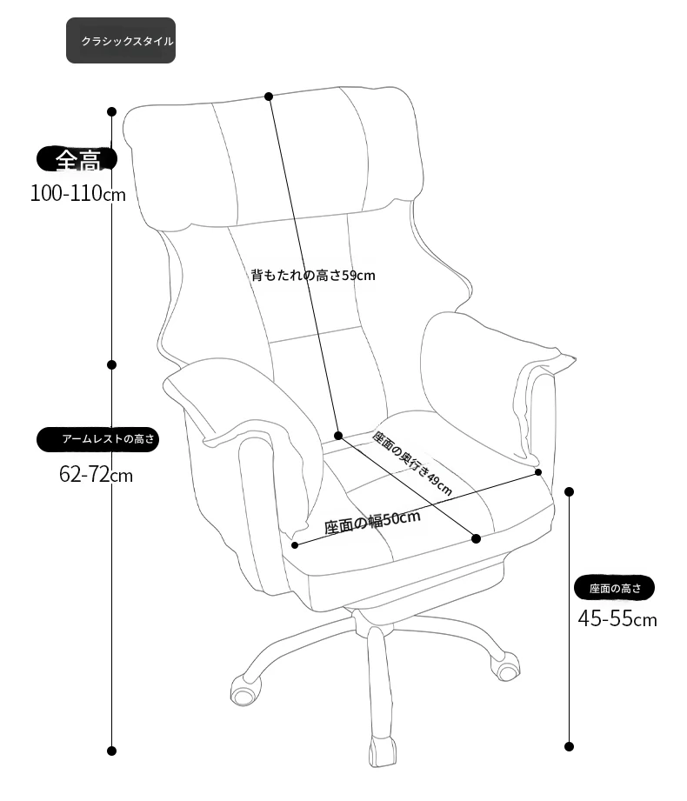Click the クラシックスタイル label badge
(121, 40)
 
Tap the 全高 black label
(77, 159)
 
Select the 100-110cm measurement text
(77, 194)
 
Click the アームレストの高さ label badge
(97, 439)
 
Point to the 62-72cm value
(96, 475)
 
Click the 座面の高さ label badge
(615, 588)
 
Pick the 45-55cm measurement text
(617, 618)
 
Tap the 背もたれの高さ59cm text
(313, 276)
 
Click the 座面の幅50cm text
(372, 522)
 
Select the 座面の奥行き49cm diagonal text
(412, 464)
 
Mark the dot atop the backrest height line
(269, 97)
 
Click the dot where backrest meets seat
(338, 435)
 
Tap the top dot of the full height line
(112, 111)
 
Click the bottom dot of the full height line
(112, 751)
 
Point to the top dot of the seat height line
(570, 491)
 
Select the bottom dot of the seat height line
(570, 746)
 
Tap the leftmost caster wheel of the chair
(243, 691)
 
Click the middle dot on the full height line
(112, 364)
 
